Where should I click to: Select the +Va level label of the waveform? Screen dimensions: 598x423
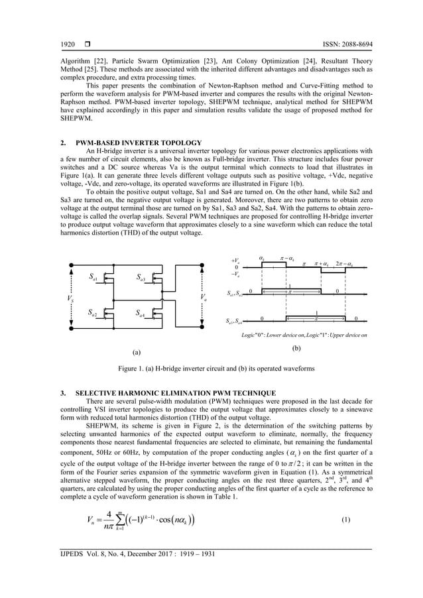(235, 262)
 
